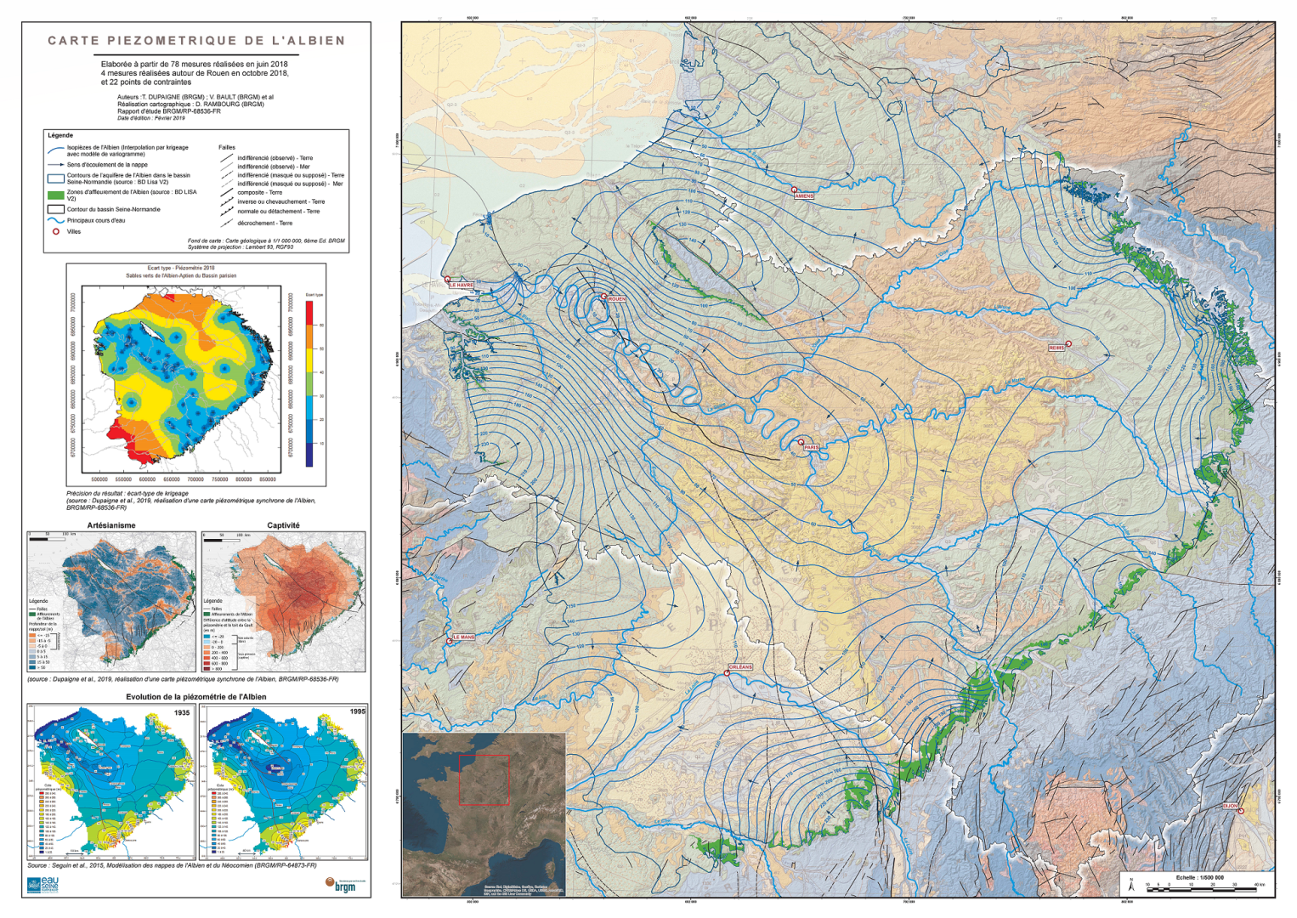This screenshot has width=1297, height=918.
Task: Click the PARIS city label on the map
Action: coord(812,447)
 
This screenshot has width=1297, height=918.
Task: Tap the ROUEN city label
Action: coord(616,299)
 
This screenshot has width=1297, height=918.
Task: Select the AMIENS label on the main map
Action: coord(804,195)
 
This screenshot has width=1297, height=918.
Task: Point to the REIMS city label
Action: coord(1056,348)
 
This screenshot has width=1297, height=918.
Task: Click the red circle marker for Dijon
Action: coord(1241,811)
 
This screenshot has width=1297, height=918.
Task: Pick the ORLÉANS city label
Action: coord(740,667)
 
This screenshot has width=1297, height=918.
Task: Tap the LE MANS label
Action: coord(463,637)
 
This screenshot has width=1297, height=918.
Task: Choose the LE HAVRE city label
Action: coord(462,286)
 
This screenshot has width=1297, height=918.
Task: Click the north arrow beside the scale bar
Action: coord(1131,885)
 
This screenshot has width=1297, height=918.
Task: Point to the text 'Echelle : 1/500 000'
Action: coord(1199,877)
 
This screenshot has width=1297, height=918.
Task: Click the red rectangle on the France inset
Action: coord(484,779)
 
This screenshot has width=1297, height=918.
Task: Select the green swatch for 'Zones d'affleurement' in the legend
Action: coord(56,195)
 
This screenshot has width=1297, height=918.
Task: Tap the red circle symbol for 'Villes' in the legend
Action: coord(56,231)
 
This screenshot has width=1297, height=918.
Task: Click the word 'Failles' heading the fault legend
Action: coord(227,147)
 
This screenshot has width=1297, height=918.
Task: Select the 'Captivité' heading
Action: coord(283,525)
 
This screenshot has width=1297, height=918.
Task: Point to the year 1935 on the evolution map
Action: coord(182,712)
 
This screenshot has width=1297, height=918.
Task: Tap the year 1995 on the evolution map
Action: coord(357,711)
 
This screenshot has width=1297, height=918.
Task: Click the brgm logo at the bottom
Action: coord(341,885)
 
